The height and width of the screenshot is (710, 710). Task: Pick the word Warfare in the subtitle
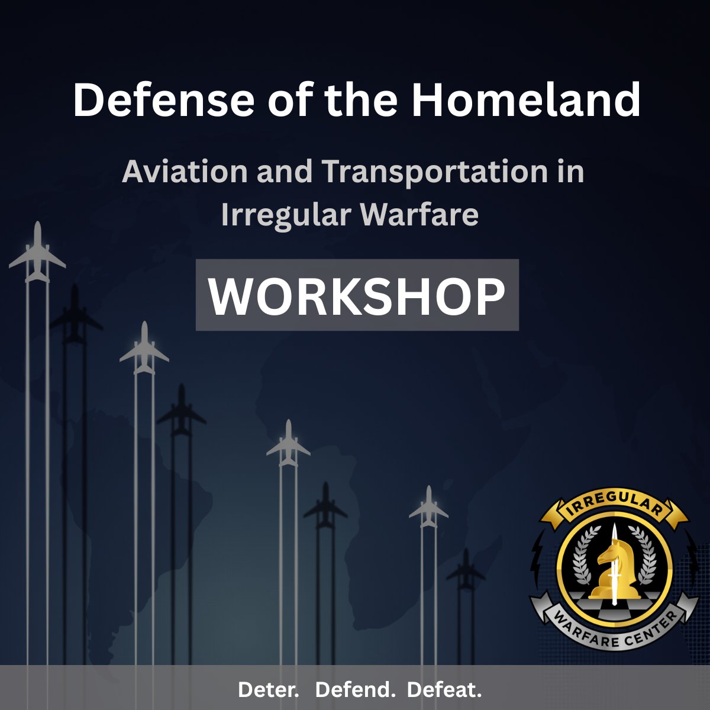coord(419,215)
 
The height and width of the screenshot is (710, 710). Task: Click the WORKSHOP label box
coord(357,295)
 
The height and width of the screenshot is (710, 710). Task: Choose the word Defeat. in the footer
coord(444,689)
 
